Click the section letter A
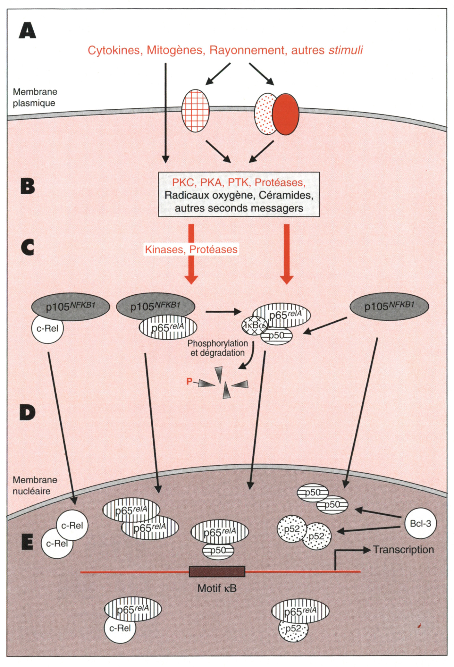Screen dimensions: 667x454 [x=28, y=31]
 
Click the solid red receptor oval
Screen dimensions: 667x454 [x=286, y=114]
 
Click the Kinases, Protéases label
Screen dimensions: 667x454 [x=191, y=249]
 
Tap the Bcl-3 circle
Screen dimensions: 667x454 [x=420, y=523]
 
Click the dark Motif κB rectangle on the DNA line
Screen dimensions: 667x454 [x=217, y=571]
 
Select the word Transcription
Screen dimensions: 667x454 [x=403, y=549]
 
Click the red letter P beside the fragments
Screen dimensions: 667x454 [x=189, y=381]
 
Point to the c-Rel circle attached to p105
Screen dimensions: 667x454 [x=47, y=328]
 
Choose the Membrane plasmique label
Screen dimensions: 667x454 [x=35, y=97]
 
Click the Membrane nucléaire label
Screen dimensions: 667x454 [x=35, y=485]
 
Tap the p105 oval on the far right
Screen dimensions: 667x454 [x=389, y=307]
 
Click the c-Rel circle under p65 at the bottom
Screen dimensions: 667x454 [x=120, y=628]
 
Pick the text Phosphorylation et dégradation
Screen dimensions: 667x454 [x=217, y=348]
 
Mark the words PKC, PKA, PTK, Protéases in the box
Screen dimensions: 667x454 [x=239, y=182]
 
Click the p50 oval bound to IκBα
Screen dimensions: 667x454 [x=276, y=336]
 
